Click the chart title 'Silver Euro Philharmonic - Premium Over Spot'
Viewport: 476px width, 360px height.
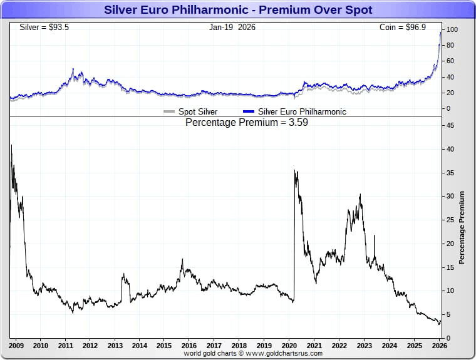237,10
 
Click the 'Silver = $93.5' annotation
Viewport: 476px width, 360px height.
40,28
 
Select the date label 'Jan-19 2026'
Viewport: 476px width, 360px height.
232,28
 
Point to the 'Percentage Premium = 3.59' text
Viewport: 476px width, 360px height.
246,123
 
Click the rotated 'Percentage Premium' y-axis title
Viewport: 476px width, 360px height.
462,227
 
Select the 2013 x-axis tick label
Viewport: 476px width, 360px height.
115,345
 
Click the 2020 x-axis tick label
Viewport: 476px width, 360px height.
289,345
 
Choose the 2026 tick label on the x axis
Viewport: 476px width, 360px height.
439,345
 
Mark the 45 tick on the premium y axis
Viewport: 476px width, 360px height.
450,125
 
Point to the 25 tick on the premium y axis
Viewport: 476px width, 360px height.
450,220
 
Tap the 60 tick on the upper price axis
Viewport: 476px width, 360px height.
450,61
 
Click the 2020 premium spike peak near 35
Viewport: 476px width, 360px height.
294,171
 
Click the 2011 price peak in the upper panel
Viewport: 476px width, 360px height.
73,69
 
